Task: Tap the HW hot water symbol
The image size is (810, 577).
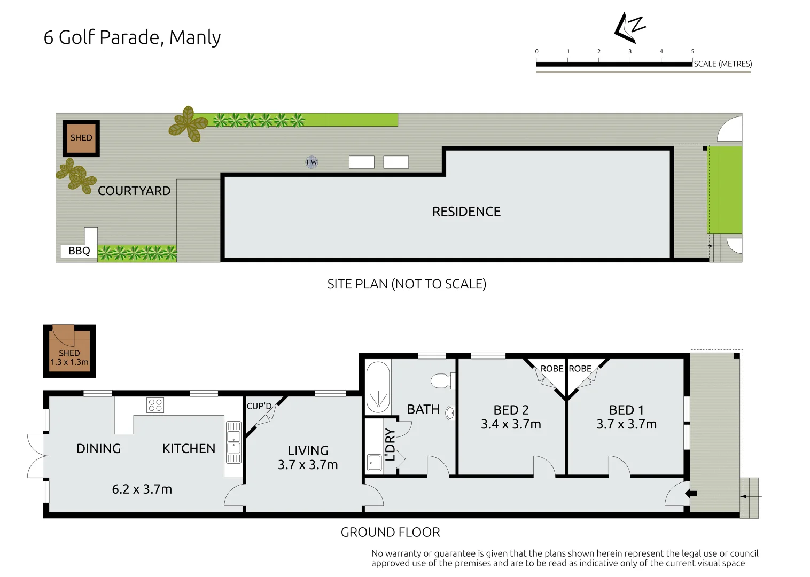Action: pos(311,162)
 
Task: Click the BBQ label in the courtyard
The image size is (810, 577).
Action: pos(79,251)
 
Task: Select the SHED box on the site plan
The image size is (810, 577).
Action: pos(81,138)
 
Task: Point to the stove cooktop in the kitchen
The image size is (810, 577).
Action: pos(155,406)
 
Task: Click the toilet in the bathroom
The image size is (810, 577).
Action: pos(442,381)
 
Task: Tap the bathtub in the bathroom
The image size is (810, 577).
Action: pos(378,387)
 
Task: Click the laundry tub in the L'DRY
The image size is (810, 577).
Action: pos(375,463)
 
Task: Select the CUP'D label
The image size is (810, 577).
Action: pos(259,406)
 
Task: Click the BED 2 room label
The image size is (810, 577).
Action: pos(511,410)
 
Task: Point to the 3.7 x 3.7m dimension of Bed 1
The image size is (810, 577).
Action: pos(626,424)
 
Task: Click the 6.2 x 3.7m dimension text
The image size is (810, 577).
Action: pos(142,489)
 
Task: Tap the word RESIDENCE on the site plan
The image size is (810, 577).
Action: pos(466,212)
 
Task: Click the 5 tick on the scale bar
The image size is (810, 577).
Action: pos(692,52)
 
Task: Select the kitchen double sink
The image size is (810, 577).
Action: pos(233,442)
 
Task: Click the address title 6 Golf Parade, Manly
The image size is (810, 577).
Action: pos(132,37)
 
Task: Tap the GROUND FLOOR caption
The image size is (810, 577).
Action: pos(390,532)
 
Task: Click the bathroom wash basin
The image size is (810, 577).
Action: pos(450,413)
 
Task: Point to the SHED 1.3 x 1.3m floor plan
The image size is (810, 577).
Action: pos(69,351)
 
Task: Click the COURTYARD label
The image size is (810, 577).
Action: pos(134,191)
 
